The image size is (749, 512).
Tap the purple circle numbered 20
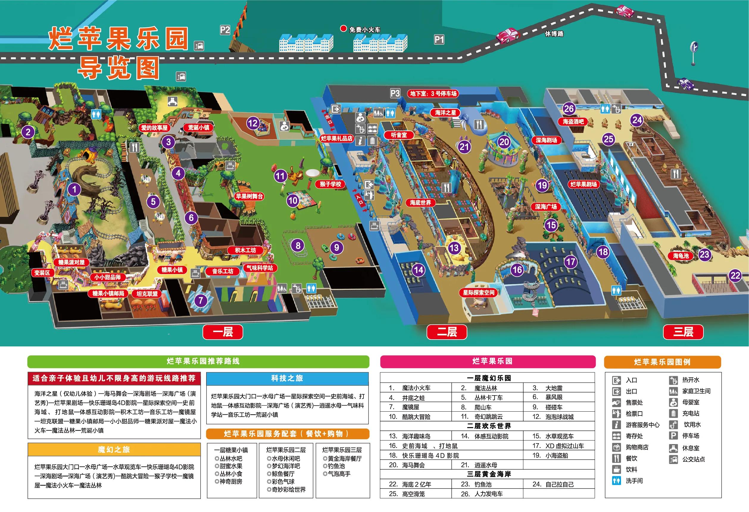(x=504, y=142)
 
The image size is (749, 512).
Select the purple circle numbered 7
(x=200, y=301)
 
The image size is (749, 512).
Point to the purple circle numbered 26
(x=569, y=108)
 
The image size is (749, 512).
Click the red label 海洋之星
(x=446, y=113)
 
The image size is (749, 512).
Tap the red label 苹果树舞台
(x=249, y=196)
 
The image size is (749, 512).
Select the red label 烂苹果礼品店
(x=336, y=138)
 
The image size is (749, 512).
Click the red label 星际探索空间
(x=478, y=292)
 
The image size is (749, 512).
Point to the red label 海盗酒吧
(x=573, y=122)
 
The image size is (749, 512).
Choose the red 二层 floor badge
(x=447, y=332)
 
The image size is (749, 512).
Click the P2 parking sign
(x=225, y=30)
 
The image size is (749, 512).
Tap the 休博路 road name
(x=554, y=34)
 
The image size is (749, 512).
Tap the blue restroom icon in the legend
(x=616, y=481)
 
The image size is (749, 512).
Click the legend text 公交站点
(x=693, y=459)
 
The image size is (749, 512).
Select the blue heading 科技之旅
(x=287, y=378)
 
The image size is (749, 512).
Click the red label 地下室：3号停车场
(x=433, y=94)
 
